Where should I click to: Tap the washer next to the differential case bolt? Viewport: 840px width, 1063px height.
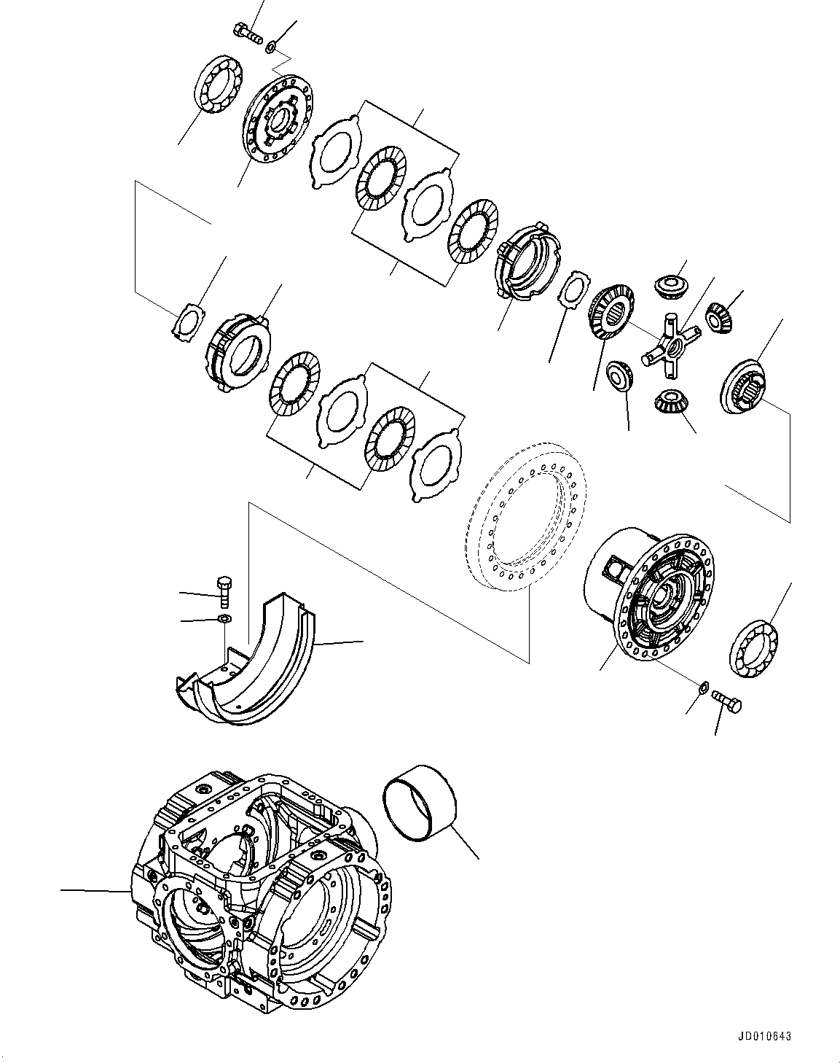(x=703, y=686)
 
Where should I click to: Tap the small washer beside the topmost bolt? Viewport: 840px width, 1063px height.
(x=270, y=47)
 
